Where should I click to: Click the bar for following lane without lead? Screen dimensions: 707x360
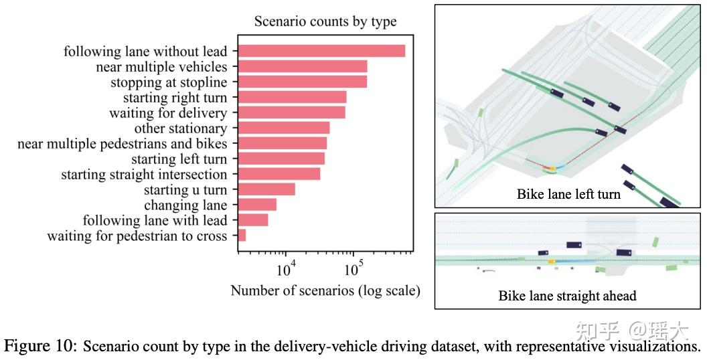coord(321,51)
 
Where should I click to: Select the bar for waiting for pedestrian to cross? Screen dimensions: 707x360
coord(242,235)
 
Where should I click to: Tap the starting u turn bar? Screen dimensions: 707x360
coord(266,189)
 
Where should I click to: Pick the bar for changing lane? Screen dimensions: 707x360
coord(257,205)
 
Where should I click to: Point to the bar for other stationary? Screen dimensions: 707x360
coord(284,128)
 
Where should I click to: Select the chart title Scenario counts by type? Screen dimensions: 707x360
coord(325,21)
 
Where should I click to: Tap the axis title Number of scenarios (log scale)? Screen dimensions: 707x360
coord(325,290)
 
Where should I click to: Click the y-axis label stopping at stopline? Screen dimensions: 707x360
coord(169,82)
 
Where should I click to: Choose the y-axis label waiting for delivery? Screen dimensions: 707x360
coord(168,113)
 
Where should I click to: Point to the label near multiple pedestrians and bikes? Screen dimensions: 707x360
coord(123,144)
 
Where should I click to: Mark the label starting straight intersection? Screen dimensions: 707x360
coord(145,175)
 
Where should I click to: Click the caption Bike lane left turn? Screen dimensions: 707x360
coord(568,194)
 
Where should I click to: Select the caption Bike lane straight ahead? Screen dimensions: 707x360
coord(567,296)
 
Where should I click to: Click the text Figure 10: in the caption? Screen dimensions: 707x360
coord(41,347)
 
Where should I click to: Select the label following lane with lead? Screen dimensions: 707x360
coord(155,220)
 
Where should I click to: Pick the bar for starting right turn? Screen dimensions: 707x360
coord(292,97)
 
